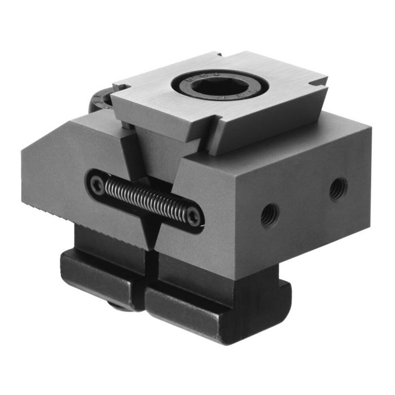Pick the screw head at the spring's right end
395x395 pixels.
coord(194,216)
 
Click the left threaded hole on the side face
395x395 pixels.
coord(269,213)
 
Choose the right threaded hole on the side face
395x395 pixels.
coord(338,187)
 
